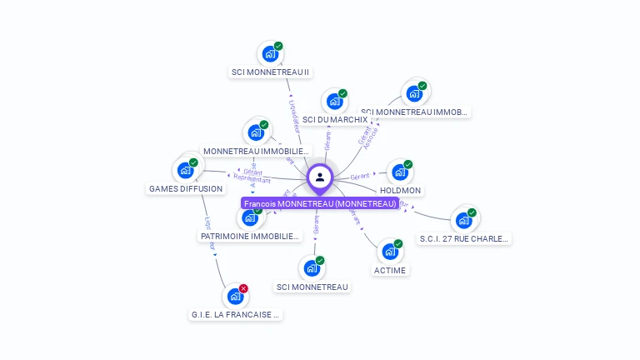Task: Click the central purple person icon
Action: [x=320, y=177]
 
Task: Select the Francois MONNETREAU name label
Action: [x=320, y=203]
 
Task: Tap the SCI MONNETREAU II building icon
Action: [x=269, y=54]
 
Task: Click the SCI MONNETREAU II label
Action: [x=270, y=72]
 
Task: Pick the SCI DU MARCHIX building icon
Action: [x=334, y=102]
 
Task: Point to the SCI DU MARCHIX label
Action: [x=334, y=119]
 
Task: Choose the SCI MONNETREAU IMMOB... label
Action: [x=415, y=112]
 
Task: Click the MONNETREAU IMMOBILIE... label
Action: [x=256, y=151]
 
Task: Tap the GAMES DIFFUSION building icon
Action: [x=185, y=170]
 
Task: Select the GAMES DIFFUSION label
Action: [x=186, y=188]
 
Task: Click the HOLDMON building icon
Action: [x=400, y=172]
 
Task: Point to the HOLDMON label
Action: [x=401, y=190]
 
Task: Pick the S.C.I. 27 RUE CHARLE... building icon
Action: [x=463, y=221]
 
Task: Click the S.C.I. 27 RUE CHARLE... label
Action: [x=463, y=238]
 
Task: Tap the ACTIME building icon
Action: [x=390, y=252]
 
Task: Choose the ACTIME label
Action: [x=390, y=270]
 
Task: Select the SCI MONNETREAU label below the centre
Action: [x=312, y=287]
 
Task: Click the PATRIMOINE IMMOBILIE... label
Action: [x=250, y=236]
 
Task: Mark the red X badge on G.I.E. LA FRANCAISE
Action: [x=243, y=288]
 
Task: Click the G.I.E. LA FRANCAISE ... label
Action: [x=235, y=314]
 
